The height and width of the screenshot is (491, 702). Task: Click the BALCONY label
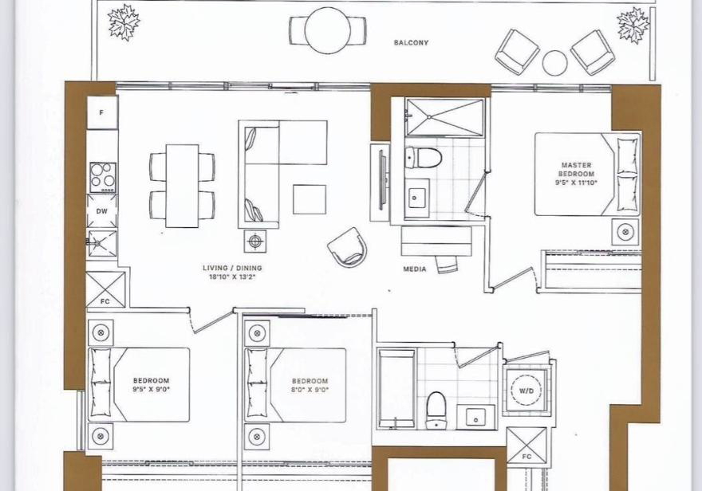tap(411, 43)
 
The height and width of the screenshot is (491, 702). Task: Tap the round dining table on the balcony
tap(327, 31)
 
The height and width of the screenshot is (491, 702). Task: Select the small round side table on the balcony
tap(554, 63)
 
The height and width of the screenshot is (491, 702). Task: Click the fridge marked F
tap(102, 112)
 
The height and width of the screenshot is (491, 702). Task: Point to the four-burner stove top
tap(103, 178)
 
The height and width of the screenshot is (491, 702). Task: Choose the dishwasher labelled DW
tap(102, 211)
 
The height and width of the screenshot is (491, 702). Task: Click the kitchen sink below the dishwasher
tap(102, 243)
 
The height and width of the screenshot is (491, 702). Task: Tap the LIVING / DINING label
tap(232, 269)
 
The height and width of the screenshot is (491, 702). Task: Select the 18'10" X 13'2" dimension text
tap(232, 277)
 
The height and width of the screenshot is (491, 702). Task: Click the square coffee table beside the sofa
tap(310, 199)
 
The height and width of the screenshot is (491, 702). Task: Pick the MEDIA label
tap(415, 269)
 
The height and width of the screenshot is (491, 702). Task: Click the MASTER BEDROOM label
tap(576, 170)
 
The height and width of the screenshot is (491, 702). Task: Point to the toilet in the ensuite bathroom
tap(423, 158)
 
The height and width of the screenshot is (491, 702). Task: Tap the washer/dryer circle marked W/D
tap(526, 391)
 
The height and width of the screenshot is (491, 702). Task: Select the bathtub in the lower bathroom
tap(397, 389)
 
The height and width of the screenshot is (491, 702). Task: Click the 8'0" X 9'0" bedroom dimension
tap(310, 390)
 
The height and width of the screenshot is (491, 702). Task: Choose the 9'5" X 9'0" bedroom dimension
tap(151, 389)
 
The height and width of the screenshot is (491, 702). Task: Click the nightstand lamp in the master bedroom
tap(625, 232)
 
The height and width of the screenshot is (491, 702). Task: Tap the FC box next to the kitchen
tap(105, 289)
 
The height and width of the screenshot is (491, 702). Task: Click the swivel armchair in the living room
tap(348, 247)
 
